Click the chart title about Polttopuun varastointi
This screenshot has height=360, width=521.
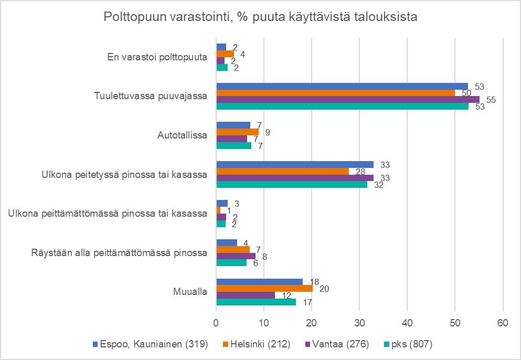pos(260,17)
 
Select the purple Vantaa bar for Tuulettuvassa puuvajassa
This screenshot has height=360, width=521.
pos(348,100)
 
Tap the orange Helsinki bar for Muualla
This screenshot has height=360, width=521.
pos(264,288)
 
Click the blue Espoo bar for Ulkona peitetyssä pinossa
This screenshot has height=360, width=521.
pos(295,164)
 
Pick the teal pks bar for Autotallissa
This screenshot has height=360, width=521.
pos(234,145)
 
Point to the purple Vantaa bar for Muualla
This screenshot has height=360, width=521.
pos(246,295)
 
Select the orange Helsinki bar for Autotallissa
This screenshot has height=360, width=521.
pos(238,132)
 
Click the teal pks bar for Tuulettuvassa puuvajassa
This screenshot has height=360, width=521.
pos(343,107)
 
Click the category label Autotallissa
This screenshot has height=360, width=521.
pos(183,135)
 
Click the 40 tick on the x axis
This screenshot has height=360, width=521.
pos(407,323)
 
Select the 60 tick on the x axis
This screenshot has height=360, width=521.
pos(503,323)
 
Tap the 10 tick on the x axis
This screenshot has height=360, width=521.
pos(264,323)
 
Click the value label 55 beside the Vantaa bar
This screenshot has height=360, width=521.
pos(492,99)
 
